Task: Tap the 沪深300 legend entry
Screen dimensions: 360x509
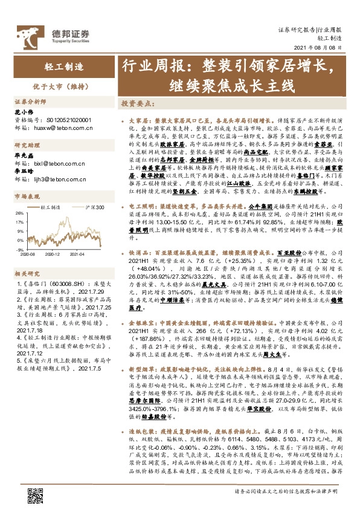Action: click(92, 207)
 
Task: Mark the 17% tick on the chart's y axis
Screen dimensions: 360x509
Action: click(19, 222)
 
